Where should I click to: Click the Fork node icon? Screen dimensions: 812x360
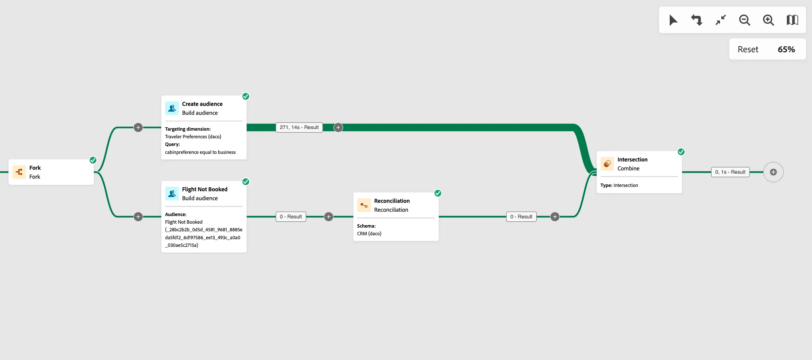click(x=19, y=172)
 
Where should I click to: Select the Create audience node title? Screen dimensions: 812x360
click(x=202, y=104)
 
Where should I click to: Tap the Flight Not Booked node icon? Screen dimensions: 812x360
click(x=172, y=194)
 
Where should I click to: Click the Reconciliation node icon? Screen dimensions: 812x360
click(x=364, y=205)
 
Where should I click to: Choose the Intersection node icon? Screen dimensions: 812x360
click(x=607, y=164)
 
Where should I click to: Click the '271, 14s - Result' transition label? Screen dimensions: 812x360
click(x=299, y=127)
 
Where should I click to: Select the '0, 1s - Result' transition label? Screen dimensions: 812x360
click(x=730, y=172)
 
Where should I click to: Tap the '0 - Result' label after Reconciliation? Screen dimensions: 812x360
click(x=521, y=217)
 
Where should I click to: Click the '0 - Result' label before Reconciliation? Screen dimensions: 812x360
click(x=291, y=217)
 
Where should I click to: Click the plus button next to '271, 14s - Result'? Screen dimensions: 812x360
click(x=338, y=127)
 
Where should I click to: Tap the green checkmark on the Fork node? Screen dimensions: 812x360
click(x=93, y=160)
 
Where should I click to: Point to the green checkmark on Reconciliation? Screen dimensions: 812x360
click(x=438, y=193)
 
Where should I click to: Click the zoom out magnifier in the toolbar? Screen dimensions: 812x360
click(x=744, y=20)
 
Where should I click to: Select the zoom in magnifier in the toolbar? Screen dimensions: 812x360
click(x=768, y=20)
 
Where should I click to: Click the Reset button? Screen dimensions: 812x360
click(x=748, y=49)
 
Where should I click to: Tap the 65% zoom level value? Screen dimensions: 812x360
click(x=786, y=49)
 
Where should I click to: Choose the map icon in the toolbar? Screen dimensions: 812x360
click(x=792, y=20)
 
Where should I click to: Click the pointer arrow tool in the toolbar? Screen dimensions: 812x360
click(x=673, y=20)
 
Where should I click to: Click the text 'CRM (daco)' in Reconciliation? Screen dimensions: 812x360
click(x=369, y=234)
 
